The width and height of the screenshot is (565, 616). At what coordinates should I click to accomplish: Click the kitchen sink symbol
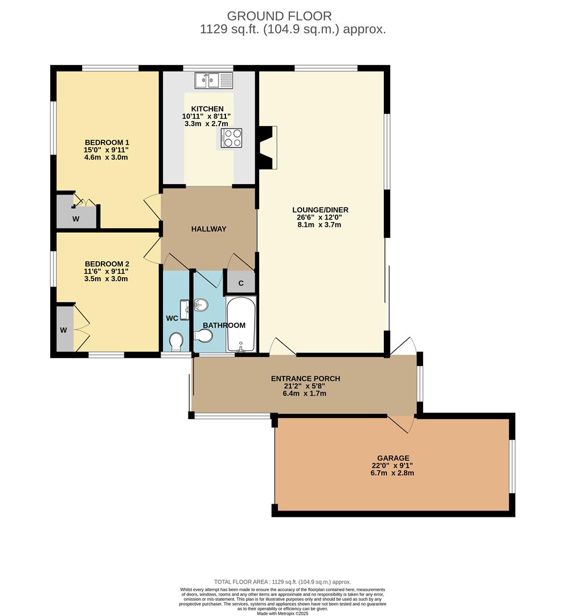pyautogui.click(x=214, y=80)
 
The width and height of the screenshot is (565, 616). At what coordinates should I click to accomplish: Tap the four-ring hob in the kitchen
pyautogui.click(x=231, y=137)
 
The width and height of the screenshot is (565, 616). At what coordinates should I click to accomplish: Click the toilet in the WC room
pyautogui.click(x=177, y=341)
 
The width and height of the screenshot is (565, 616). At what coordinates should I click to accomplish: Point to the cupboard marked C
pyautogui.click(x=241, y=283)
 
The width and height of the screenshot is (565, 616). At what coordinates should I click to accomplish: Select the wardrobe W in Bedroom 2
pyautogui.click(x=64, y=329)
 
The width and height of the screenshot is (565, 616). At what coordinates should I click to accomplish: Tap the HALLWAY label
pyautogui.click(x=208, y=229)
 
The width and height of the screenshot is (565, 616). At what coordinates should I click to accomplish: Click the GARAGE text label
pyautogui.click(x=393, y=458)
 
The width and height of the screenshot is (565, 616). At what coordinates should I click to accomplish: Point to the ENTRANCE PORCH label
pyautogui.click(x=305, y=378)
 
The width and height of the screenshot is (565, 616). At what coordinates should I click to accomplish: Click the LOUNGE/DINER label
pyautogui.click(x=322, y=210)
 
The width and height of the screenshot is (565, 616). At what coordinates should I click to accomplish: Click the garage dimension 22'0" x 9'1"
pyautogui.click(x=393, y=465)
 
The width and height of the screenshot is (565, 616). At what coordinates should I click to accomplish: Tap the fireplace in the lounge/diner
pyautogui.click(x=267, y=147)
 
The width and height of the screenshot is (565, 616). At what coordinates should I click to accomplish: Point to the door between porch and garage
pyautogui.click(x=402, y=423)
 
